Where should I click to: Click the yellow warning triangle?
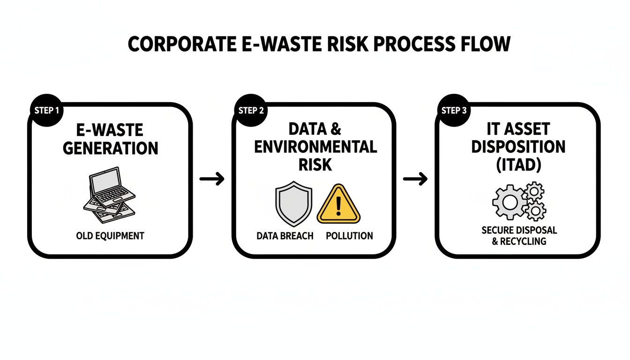coord(339,204)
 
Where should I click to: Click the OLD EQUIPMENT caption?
coord(110,236)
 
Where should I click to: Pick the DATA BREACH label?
coord(285,236)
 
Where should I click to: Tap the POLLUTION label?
coord(349,236)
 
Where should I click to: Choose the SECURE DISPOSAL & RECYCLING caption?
coord(519,236)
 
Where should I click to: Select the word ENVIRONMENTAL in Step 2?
coord(315,146)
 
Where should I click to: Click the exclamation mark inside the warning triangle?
coord(339,206)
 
